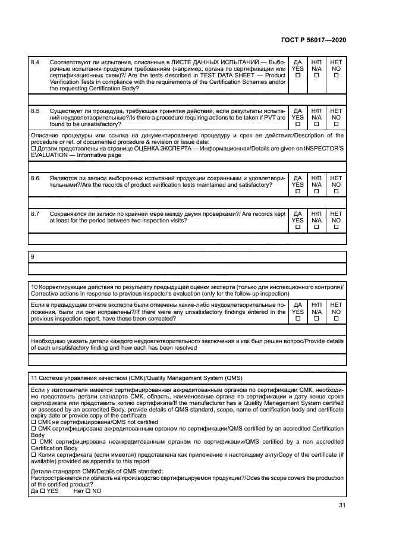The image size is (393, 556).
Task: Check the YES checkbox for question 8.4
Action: pos(298,76)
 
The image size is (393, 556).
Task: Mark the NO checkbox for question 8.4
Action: pos(337,76)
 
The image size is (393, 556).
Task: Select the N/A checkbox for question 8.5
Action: pos(317,124)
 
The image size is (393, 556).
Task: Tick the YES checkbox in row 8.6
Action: pos(298,192)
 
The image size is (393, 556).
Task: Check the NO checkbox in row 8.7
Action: pos(337,227)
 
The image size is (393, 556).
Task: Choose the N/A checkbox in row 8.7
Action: pos(317,227)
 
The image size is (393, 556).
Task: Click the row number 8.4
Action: pos(35,62)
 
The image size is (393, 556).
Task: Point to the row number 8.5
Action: pos(35,111)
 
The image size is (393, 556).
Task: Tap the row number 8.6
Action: pos(35,178)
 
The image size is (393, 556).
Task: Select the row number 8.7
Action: pos(35,213)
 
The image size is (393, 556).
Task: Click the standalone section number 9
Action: pos(32,256)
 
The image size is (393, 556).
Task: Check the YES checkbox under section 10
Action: pos(298,319)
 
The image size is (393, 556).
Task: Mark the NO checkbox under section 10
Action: pos(337,319)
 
